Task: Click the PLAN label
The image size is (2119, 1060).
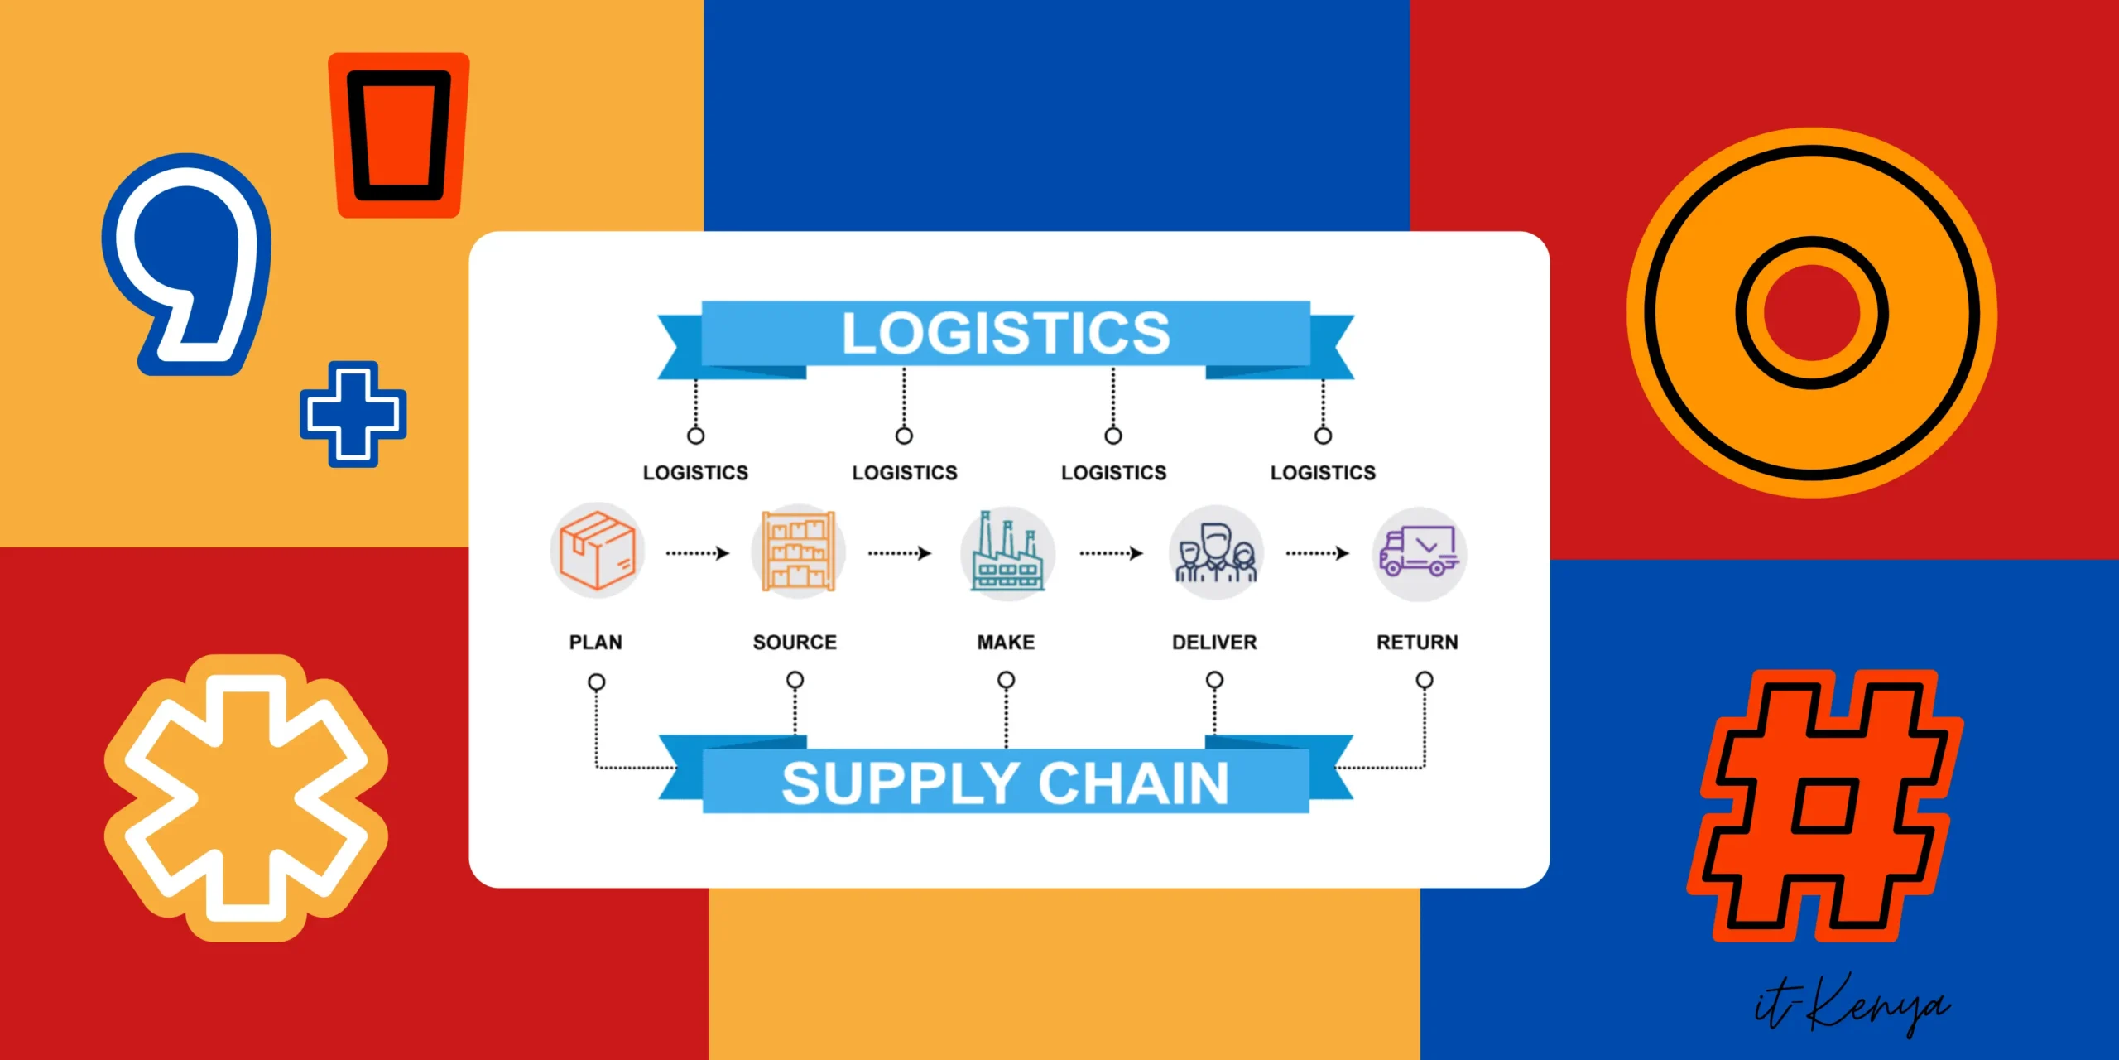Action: (595, 642)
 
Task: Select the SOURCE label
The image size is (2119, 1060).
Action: (795, 642)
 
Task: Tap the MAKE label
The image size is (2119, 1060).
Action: (1006, 642)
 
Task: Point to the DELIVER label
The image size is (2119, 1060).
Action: (1214, 642)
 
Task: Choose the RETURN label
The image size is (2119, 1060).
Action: (1417, 642)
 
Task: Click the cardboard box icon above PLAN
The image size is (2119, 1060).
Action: (597, 551)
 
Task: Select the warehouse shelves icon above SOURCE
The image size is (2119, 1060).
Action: (798, 552)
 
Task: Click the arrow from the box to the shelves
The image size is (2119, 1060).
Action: (698, 552)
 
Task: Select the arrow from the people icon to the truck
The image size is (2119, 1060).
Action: (1317, 552)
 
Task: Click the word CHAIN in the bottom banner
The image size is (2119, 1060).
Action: (1133, 783)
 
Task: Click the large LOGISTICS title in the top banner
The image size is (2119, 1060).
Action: (1006, 334)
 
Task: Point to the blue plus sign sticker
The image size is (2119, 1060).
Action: (353, 414)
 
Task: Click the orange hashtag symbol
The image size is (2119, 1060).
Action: (1825, 806)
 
